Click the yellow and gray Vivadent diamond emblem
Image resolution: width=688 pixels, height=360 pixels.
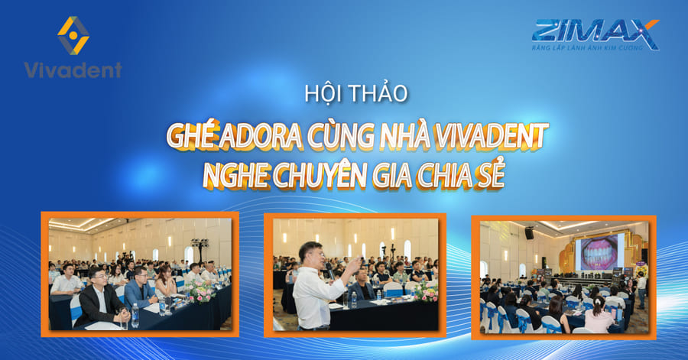[73, 35]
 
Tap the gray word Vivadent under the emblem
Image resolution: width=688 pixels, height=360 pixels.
[73, 70]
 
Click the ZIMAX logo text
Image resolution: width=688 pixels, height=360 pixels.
[596, 31]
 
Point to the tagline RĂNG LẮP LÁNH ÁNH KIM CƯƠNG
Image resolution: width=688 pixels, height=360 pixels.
[588, 47]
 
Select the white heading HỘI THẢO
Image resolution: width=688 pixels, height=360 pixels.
[356, 93]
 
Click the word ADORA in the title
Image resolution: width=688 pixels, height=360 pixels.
[261, 136]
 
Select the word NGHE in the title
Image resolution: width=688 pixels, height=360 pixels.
[235, 176]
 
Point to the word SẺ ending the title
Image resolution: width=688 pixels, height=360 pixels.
[491, 174]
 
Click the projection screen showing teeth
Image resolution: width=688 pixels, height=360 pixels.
[599, 252]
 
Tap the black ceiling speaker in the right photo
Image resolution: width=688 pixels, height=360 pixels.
[529, 233]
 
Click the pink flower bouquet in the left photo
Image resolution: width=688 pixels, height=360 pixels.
[200, 290]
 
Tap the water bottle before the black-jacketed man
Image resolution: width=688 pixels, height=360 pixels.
[135, 315]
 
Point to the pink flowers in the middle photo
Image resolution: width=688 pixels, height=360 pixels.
[426, 291]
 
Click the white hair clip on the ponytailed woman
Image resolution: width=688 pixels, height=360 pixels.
[597, 300]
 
